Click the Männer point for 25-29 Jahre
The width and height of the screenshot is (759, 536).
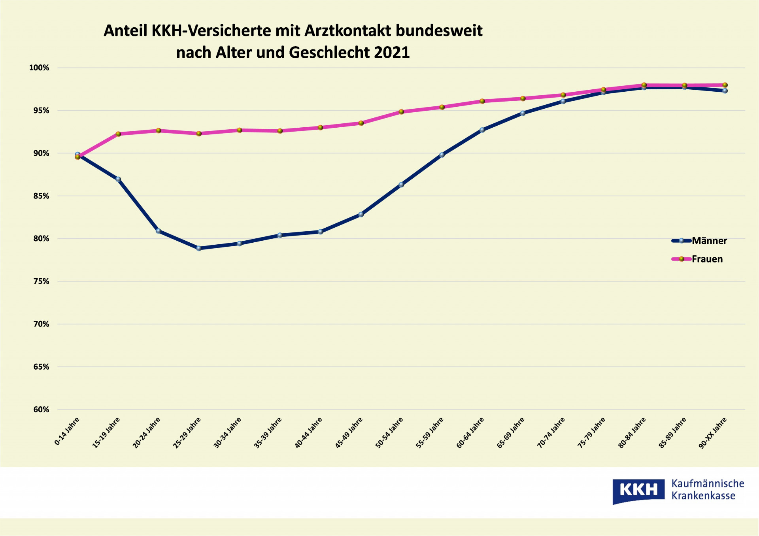tap(199, 248)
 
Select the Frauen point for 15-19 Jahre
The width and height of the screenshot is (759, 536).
tap(118, 134)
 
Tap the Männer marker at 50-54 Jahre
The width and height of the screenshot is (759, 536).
tap(401, 185)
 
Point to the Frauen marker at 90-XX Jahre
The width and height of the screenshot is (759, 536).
tap(725, 85)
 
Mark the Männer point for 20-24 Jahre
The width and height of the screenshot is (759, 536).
tap(159, 231)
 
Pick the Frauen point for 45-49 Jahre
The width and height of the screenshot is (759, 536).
tap(361, 123)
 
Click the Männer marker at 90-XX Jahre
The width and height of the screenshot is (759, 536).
tap(725, 91)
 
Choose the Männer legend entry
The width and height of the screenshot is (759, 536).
tap(699, 241)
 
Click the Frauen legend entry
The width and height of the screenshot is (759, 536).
tap(697, 259)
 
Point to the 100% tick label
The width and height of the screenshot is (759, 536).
tap(39, 68)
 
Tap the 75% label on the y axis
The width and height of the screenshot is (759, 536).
tap(41, 281)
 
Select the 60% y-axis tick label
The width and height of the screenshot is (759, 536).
tap(41, 410)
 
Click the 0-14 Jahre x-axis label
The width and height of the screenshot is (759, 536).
tap(67, 431)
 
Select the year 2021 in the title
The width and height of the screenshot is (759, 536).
tap(392, 53)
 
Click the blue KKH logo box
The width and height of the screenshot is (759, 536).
tap(638, 491)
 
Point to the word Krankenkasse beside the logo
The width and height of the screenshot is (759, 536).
tap(703, 496)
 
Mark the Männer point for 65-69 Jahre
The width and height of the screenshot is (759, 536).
tap(523, 113)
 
